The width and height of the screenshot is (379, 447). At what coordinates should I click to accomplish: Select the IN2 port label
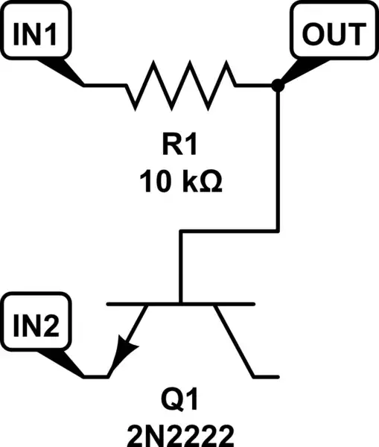(36, 325)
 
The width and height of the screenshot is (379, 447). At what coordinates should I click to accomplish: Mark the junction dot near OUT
(278, 86)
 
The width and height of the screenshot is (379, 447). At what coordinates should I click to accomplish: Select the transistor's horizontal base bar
(182, 304)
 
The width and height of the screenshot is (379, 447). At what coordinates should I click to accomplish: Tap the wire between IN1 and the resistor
(104, 85)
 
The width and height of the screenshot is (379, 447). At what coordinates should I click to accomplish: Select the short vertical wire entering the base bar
(181, 268)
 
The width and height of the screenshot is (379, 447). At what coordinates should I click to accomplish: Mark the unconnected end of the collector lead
(276, 374)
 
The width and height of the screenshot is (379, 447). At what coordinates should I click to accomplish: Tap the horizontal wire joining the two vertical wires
(229, 232)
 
